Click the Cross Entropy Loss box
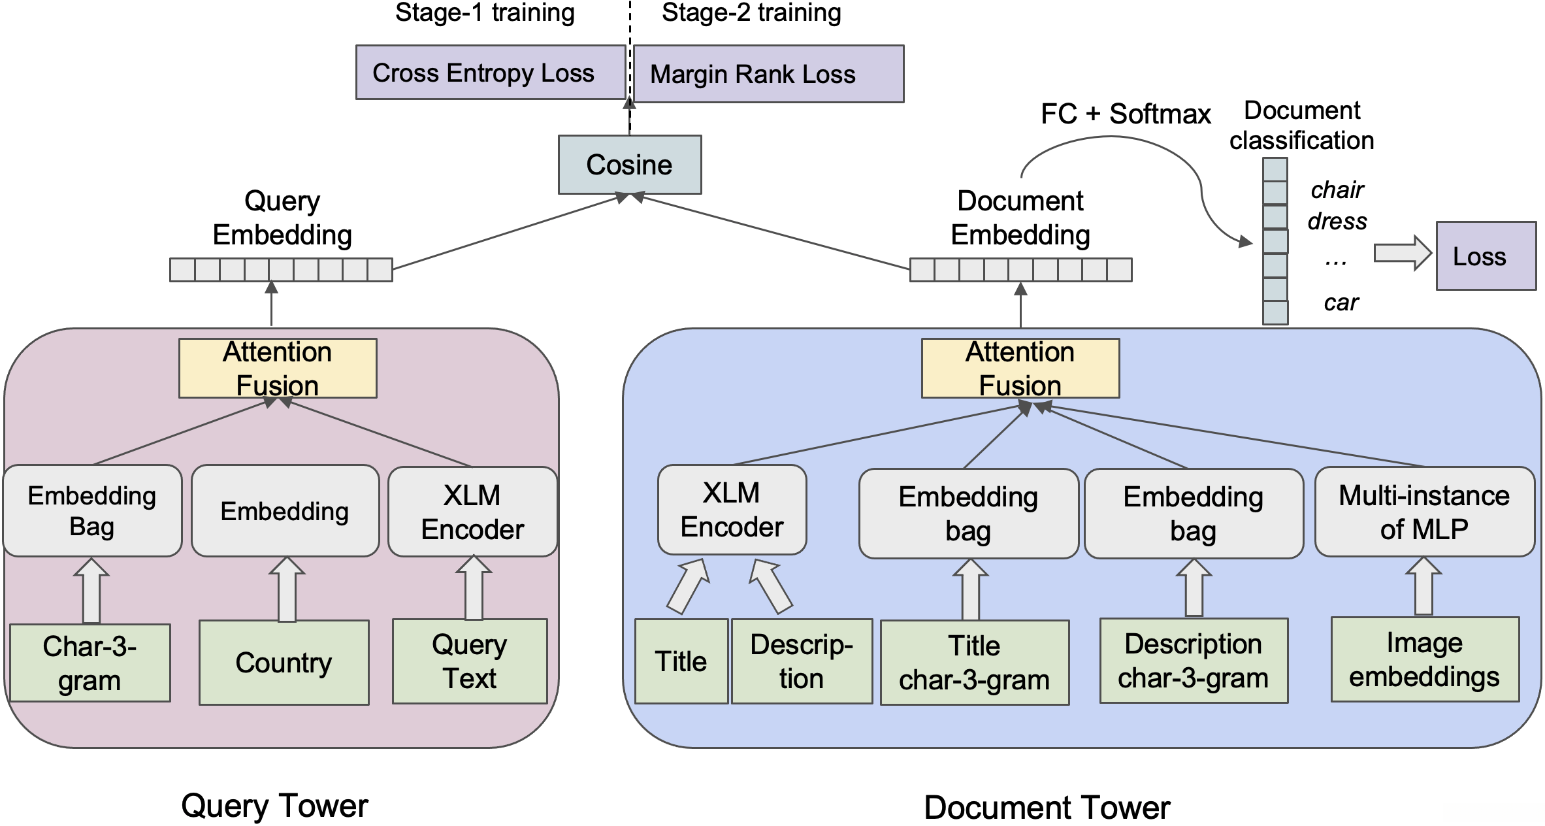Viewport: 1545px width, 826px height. coord(490,73)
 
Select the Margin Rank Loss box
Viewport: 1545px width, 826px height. coord(768,74)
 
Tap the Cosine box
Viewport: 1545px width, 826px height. coord(630,165)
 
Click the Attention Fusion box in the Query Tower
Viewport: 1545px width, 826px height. coord(278,368)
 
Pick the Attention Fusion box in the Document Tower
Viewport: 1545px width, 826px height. coord(1020,368)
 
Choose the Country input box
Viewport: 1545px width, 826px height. coord(284,663)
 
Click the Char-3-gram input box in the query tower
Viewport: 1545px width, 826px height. coord(90,663)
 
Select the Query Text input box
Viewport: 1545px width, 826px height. coord(470,661)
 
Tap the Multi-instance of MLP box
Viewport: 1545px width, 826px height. coord(1424,512)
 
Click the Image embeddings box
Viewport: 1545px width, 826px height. coord(1425,659)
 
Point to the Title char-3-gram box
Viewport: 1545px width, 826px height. coord(975,663)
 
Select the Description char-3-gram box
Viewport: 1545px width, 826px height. coord(1194,661)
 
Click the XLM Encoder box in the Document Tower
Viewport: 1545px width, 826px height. coord(732,510)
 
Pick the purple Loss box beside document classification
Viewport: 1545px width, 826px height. coord(1486,256)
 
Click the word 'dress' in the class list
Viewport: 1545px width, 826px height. coord(1337,222)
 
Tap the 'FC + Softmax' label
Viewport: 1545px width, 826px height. coord(1126,114)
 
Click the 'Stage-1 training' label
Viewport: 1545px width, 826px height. coord(485,12)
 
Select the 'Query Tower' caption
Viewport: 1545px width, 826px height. coord(274,806)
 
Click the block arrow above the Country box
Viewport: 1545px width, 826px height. coord(287,589)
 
